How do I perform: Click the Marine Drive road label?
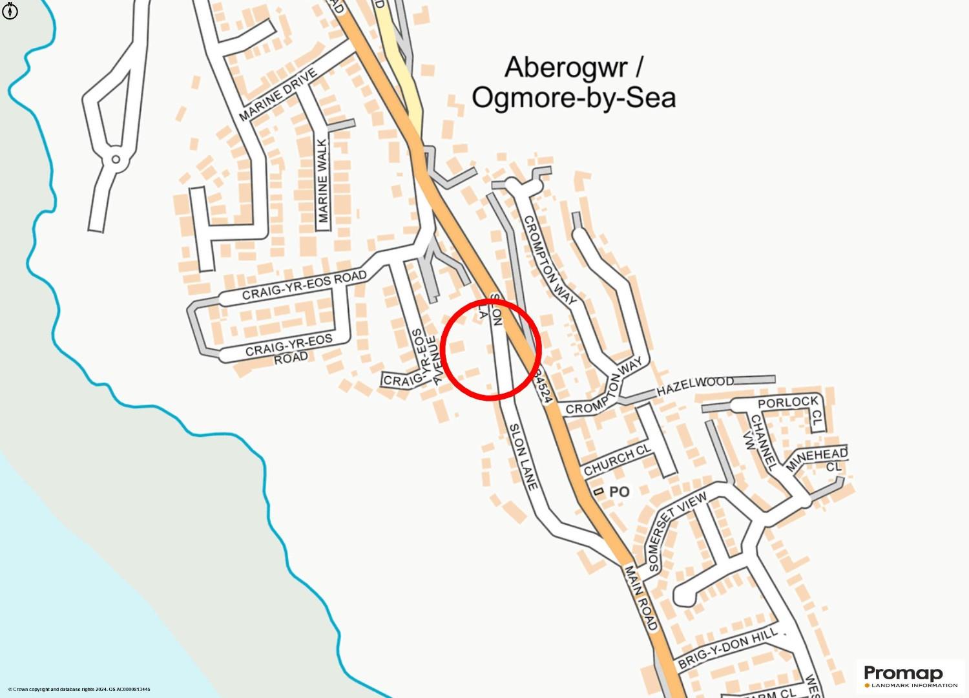pos(278,95)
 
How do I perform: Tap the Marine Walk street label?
pos(322,182)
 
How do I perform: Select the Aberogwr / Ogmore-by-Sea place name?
pos(574,83)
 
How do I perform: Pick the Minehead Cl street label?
pos(818,460)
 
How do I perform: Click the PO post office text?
pos(619,492)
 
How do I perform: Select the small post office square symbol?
pos(599,492)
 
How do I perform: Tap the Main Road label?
pos(640,598)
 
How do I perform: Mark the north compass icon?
pos(10,10)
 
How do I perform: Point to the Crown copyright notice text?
pos(79,689)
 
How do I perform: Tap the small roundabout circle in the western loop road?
pos(116,159)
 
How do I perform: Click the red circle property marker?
pos(491,350)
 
